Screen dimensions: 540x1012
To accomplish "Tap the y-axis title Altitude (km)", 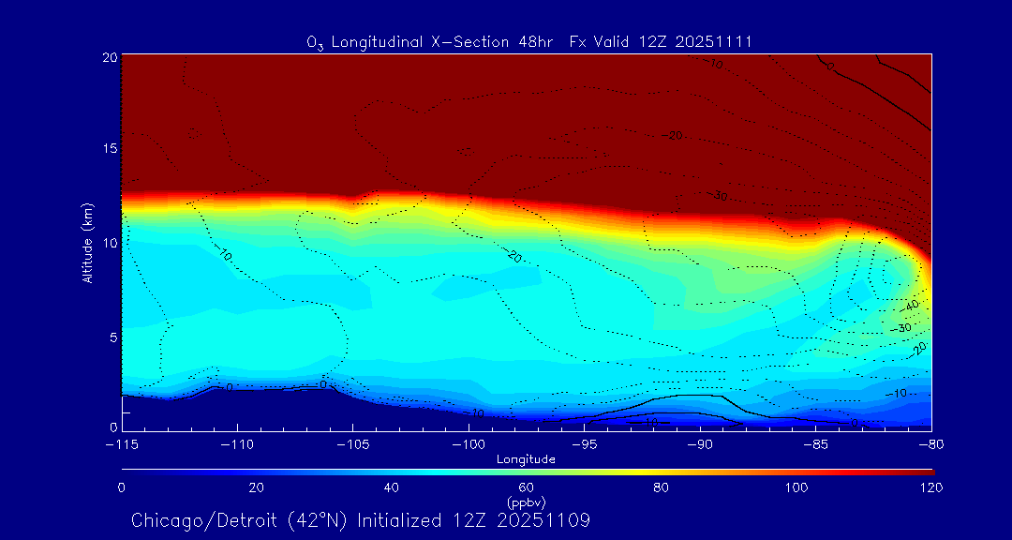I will (x=87, y=243).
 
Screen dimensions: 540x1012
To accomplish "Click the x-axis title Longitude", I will (x=526, y=459).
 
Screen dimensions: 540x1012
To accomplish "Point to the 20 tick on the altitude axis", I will (x=109, y=57).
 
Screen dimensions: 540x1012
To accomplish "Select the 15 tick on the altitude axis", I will (x=109, y=149).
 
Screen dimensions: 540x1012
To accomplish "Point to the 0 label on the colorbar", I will (x=122, y=487).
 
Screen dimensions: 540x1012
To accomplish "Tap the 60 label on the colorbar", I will (x=526, y=487).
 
